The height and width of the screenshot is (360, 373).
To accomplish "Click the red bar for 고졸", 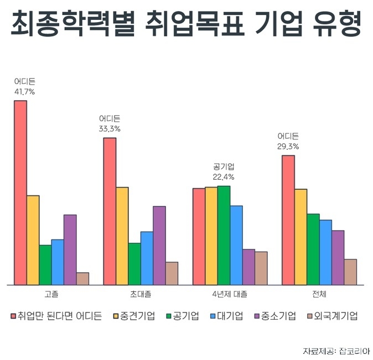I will click(20, 192).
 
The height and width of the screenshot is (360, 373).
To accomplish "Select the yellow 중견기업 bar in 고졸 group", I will click(33, 240).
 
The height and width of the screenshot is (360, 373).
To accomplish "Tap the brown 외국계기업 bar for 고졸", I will click(82, 278).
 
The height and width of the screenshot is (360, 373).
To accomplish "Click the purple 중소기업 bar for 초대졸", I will click(159, 246).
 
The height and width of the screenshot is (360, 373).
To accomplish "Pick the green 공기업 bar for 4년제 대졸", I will click(224, 235).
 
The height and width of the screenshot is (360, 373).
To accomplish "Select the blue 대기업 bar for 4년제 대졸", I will click(236, 245).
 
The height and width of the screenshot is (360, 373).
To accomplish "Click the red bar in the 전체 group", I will click(288, 220).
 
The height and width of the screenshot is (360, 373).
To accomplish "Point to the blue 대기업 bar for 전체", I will click(325, 252).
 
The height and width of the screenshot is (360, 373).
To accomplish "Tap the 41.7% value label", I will click(24, 92).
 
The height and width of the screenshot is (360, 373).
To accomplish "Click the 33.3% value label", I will click(110, 129).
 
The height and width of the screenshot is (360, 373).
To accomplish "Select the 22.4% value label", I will click(224, 177).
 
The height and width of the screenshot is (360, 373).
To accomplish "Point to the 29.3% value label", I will click(288, 147).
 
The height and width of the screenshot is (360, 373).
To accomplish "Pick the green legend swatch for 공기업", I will click(169, 316).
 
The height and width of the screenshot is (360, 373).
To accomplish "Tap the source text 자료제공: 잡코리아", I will click(336, 351).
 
